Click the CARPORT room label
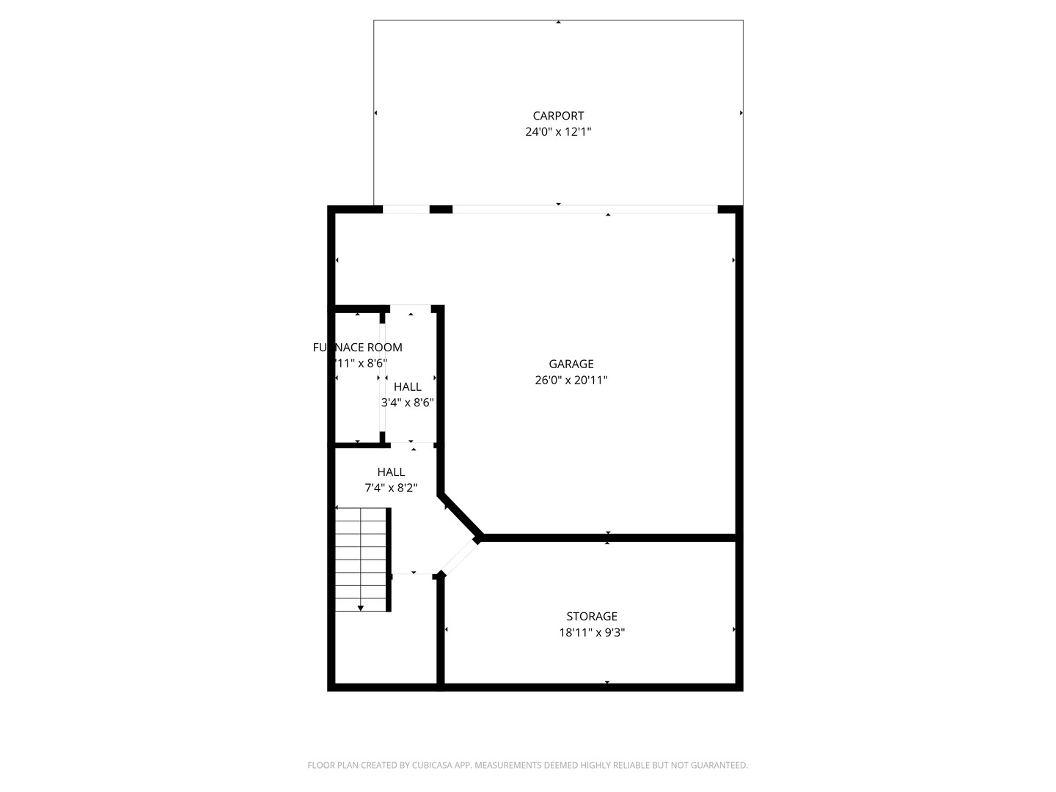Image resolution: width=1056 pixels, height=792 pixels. coord(558,116)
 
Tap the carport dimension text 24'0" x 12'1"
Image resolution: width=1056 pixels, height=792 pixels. coord(558,132)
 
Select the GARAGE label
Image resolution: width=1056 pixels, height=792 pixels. coord(571,364)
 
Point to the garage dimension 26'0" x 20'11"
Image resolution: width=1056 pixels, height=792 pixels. coord(571,380)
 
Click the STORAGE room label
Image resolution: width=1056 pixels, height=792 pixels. coord(592,617)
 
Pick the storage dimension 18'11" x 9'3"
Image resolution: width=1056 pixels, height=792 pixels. coord(592,633)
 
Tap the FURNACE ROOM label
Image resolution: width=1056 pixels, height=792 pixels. coord(358,348)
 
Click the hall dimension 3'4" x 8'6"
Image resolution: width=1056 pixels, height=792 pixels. coord(408,403)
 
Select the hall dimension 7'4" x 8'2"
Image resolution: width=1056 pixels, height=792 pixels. coord(391,488)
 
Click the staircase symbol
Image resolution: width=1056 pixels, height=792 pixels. coord(361,559)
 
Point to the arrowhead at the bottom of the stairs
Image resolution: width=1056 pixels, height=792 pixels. coord(361,608)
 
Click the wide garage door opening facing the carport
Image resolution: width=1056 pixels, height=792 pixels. coord(584,210)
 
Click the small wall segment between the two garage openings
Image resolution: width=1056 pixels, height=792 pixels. coord(441,210)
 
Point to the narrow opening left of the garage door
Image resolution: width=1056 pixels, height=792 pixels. coord(406,210)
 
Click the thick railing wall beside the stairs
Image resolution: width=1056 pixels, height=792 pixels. coord(389,559)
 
